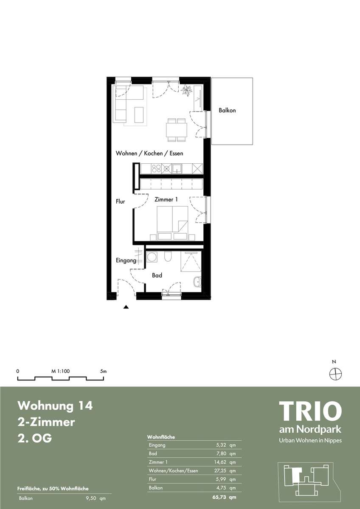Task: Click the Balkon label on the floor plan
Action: point(227,110)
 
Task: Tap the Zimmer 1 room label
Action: point(166,199)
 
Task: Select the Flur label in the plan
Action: point(120,201)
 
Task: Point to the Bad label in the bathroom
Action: point(157,275)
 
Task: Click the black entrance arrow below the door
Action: point(126,308)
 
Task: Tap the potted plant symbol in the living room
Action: point(186,90)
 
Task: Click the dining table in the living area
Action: point(177,130)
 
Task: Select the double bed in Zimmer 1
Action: point(173,223)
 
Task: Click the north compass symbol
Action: point(336,373)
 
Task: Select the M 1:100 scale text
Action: point(60,371)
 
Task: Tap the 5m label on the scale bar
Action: point(103,371)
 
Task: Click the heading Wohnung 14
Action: point(55,406)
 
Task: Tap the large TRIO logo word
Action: point(310,411)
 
